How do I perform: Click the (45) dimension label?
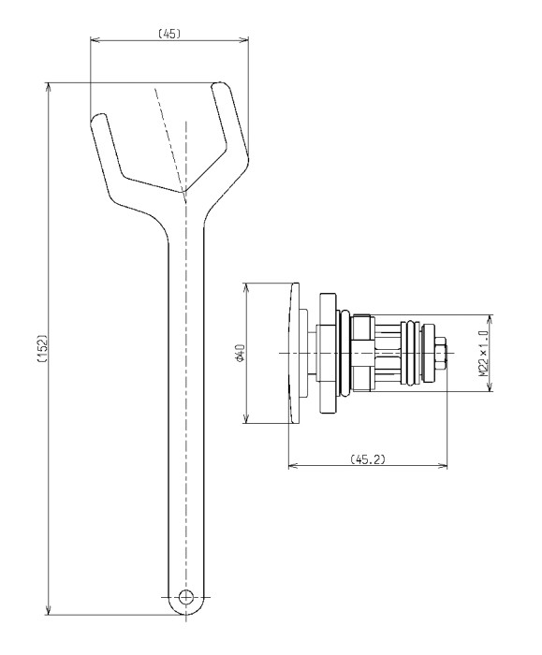tap(169, 34)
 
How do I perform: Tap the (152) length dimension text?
tap(43, 347)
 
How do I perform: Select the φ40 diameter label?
tap(240, 353)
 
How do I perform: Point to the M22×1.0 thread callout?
tap(484, 353)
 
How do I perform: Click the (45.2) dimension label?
tap(368, 459)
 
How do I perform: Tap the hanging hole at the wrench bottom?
tap(185, 597)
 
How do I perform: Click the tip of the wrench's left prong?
tap(97, 117)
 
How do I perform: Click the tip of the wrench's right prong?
tap(220, 85)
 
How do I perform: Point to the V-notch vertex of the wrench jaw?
tap(183, 193)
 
